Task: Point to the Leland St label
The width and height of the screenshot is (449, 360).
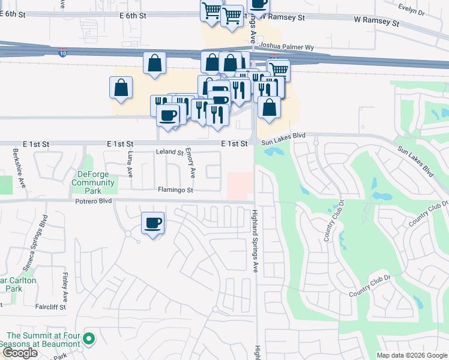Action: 169,153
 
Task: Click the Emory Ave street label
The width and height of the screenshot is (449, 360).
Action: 191,163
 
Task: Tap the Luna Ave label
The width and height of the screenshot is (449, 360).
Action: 129,164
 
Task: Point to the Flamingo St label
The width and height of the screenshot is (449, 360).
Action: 175,190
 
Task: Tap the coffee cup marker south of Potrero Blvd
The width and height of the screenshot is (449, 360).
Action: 152,223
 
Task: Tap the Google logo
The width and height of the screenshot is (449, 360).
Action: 20,353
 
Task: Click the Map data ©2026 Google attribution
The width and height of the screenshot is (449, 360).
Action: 412,355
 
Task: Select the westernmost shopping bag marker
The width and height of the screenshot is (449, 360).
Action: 121,87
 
